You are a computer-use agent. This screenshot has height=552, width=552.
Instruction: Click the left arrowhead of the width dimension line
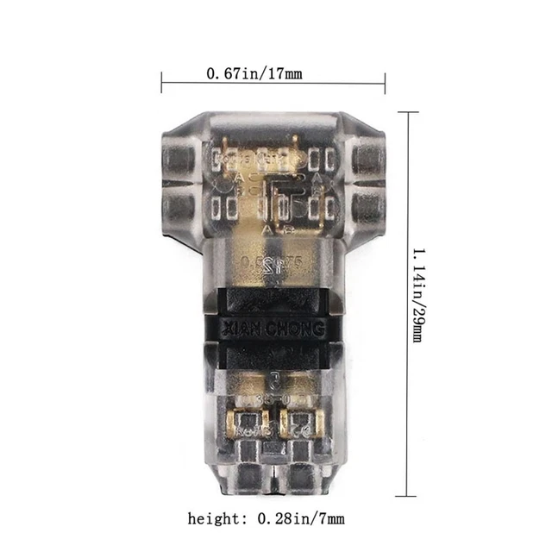(x=165, y=83)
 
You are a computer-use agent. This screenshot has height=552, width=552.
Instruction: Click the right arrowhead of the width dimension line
(x=380, y=83)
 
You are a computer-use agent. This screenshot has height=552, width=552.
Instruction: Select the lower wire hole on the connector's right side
(x=369, y=204)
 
